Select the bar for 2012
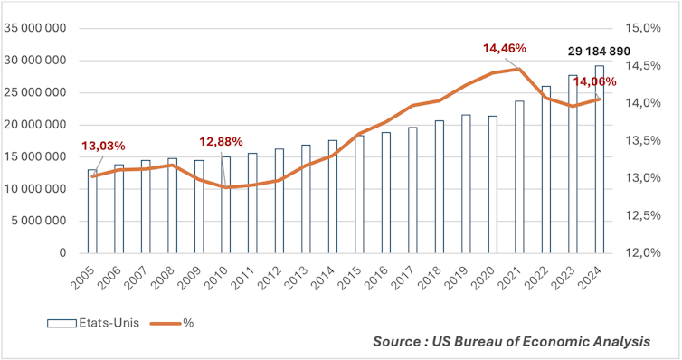point(279,201)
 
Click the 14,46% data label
point(504,47)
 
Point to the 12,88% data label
point(222,141)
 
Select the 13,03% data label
point(103,146)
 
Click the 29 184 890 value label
point(598,52)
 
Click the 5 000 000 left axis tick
point(39,221)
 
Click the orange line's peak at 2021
point(519,69)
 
